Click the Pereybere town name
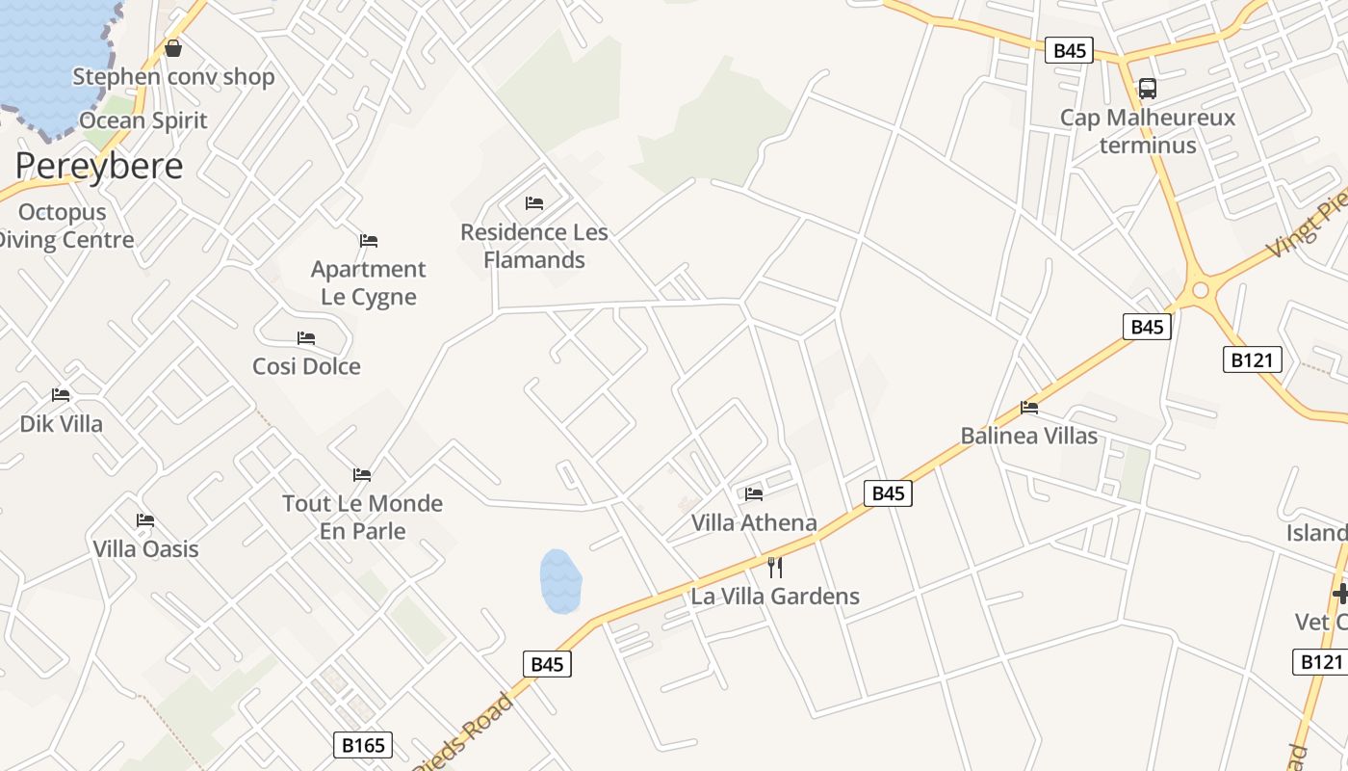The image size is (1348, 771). tap(99, 166)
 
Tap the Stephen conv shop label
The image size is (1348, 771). tap(173, 77)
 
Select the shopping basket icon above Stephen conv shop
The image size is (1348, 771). tap(173, 47)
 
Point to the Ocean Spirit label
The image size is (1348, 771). tap(143, 120)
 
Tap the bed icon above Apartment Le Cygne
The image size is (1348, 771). tap(369, 240)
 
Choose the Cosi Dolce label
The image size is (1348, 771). tap(306, 366)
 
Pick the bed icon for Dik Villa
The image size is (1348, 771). tap(61, 395)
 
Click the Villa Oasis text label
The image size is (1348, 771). tap(145, 549)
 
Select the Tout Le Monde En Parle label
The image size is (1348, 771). tap(362, 517)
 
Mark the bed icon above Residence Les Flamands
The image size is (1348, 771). tap(534, 203)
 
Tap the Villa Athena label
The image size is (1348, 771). tap(754, 523)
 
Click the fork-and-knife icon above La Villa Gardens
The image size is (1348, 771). tap(775, 567)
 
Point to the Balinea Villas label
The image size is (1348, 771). tap(1029, 436)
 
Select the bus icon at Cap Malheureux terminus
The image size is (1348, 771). tap(1147, 89)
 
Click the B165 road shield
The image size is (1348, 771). tap(363, 745)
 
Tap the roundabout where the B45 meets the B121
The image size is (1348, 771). tap(1200, 289)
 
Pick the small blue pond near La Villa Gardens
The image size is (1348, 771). tap(560, 581)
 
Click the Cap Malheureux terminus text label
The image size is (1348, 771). tap(1148, 132)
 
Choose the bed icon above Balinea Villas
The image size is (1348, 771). tap(1029, 408)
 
